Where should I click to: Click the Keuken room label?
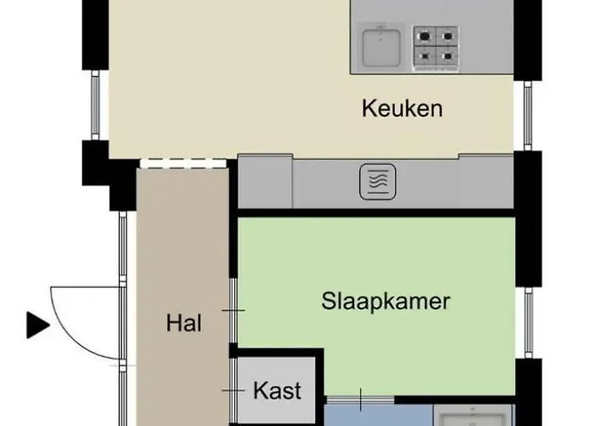point(402,109)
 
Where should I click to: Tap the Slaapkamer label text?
point(385,301)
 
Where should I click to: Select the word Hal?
point(184,324)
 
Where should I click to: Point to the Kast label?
point(277,391)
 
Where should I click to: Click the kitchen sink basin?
point(381,47)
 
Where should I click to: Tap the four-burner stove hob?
point(435,47)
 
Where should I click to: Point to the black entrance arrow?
point(37,325)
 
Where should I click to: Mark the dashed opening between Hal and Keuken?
point(182,162)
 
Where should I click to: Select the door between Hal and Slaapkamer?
point(232,310)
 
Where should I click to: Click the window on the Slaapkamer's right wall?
point(528,321)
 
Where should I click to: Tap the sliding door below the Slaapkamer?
point(360,399)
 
